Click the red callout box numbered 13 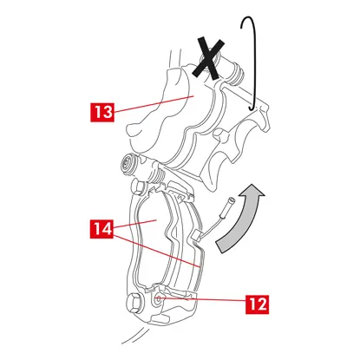[102, 112]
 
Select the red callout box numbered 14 [101, 229]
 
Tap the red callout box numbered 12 [257, 304]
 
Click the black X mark [210, 58]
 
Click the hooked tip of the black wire [251, 109]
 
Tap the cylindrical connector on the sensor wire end [228, 206]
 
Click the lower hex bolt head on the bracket [133, 303]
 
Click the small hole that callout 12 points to [158, 299]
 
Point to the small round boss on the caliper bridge [219, 135]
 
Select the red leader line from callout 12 [203, 300]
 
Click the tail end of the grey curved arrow [223, 247]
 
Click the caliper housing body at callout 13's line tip [191, 96]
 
